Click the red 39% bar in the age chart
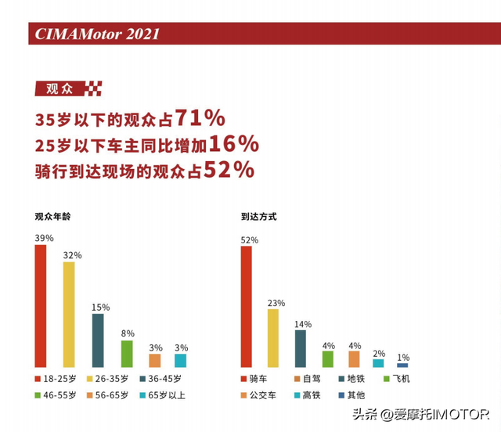coord(41,306)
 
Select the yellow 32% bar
coord(69,315)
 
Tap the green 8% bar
coord(127,354)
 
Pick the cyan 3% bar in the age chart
coord(180,361)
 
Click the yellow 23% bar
coord(273,338)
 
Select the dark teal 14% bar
coord(301,348)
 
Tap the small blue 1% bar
coord(402,365)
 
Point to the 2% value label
coord(379,354)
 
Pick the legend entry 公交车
coord(267,394)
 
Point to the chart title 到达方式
coord(258,216)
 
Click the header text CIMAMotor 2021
coord(98,34)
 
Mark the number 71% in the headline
coord(200,118)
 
